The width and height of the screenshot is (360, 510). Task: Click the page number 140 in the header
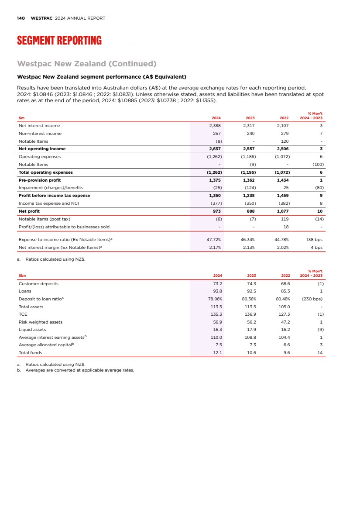point(21,18)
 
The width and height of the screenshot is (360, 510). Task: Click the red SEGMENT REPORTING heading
point(59,41)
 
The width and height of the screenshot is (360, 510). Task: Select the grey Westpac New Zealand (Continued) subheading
point(87,64)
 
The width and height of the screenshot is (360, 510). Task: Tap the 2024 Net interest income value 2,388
point(215,126)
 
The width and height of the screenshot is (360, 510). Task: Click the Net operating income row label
point(42,149)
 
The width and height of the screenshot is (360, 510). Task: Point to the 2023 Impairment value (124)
point(250,188)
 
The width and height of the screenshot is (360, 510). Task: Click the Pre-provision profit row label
point(40,180)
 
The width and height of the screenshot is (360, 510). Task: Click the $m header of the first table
point(21,118)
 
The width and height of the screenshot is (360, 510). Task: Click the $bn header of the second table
point(22,276)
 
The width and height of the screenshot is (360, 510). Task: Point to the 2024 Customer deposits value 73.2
point(217,283)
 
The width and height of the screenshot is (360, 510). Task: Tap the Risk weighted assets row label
point(41,322)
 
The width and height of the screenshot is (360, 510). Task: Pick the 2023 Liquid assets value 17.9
point(251,330)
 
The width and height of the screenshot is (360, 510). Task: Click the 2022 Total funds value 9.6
point(286,353)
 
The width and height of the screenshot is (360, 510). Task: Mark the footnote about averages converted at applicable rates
point(79,370)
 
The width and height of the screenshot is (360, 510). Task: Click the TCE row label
point(23,314)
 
